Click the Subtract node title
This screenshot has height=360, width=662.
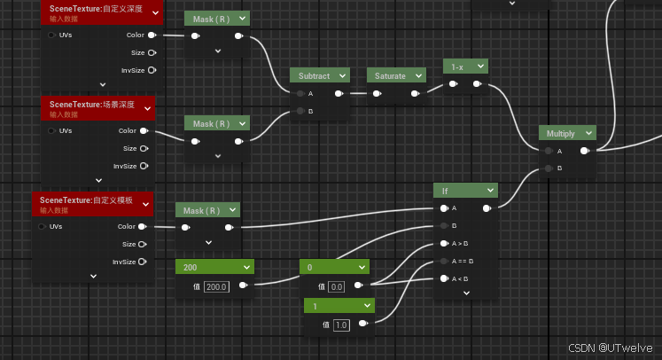tap(314, 76)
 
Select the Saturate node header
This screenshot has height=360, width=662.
tap(389, 76)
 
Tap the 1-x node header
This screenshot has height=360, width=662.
tap(458, 67)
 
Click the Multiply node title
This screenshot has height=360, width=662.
tap(561, 134)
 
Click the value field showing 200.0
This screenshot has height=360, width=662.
tap(217, 286)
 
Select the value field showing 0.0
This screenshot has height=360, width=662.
tap(337, 286)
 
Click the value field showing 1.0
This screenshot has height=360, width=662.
tap(341, 325)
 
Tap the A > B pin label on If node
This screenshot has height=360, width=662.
tap(461, 243)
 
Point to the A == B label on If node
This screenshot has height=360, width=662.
tap(463, 261)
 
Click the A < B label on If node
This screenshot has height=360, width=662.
tap(461, 278)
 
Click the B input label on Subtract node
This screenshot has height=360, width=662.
tap(310, 111)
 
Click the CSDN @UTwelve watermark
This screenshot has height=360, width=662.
tap(610, 348)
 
